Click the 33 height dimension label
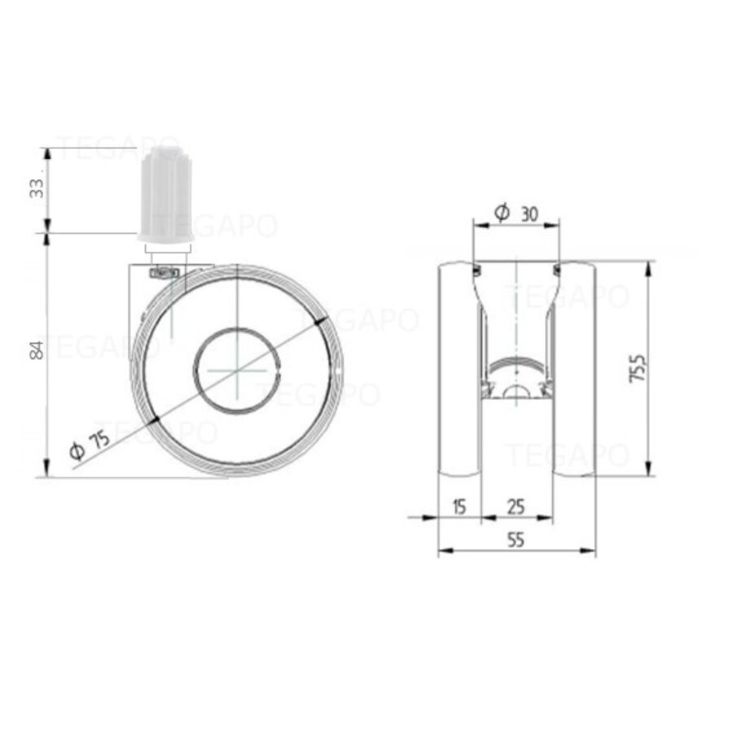coord(37,188)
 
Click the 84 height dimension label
coord(37,351)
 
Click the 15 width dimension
coord(459,507)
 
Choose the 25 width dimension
coord(516,507)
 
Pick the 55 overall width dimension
coord(516,542)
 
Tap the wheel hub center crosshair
coord(235,371)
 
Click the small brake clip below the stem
coord(165,273)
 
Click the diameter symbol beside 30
coord(503,213)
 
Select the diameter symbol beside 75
coord(77,451)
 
